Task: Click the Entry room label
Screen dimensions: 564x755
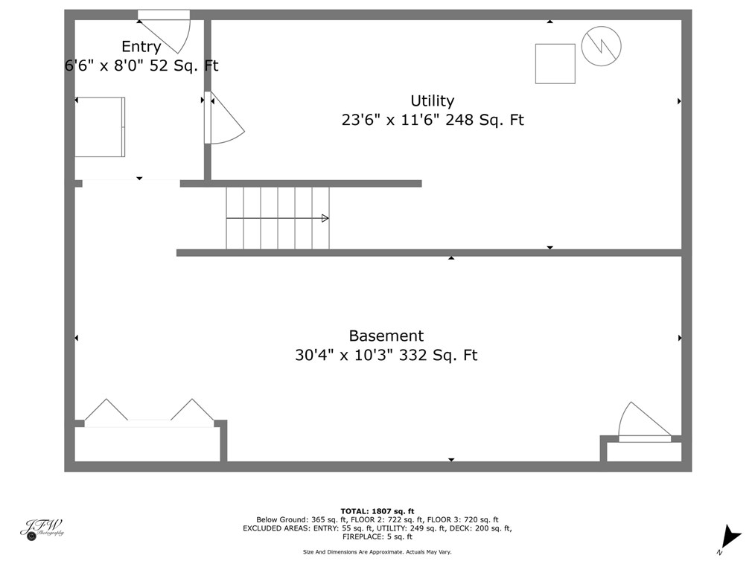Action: click(x=141, y=47)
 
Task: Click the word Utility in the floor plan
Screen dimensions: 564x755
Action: click(x=432, y=100)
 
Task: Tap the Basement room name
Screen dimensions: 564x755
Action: click(x=386, y=336)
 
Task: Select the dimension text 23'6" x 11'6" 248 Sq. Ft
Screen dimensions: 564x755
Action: click(x=432, y=120)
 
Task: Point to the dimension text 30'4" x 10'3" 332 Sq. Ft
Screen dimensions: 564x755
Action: click(x=386, y=356)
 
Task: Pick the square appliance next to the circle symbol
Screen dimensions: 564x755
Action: click(x=555, y=63)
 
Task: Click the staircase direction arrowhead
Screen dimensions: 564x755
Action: click(x=325, y=218)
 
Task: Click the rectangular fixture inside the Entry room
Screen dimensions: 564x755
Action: click(x=100, y=126)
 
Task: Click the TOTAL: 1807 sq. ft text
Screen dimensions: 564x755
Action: click(x=377, y=511)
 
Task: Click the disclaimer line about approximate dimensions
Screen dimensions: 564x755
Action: click(x=377, y=552)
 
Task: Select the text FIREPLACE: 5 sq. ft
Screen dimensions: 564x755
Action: click(x=377, y=536)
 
